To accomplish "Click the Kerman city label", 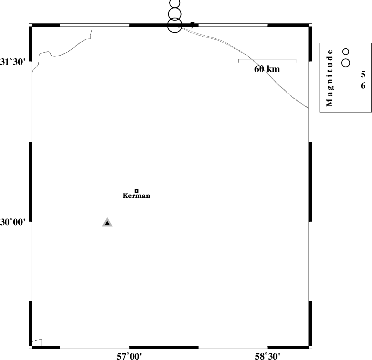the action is [x=136, y=196].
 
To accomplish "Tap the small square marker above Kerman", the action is [x=136, y=191].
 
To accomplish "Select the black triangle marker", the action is [x=107, y=223].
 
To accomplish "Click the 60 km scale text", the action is [x=267, y=69].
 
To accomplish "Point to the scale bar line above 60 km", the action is [x=267, y=59].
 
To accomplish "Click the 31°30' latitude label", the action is [x=13, y=62].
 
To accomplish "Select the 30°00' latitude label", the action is [x=13, y=222].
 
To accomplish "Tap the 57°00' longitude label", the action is [x=129, y=356].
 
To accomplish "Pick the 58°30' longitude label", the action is [x=267, y=356].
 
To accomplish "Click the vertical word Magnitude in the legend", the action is [x=330, y=78].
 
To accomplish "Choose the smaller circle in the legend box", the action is [x=346, y=52].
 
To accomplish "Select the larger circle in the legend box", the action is [x=346, y=63].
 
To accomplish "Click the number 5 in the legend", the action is [x=363, y=74].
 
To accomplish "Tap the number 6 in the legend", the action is [x=363, y=86].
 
